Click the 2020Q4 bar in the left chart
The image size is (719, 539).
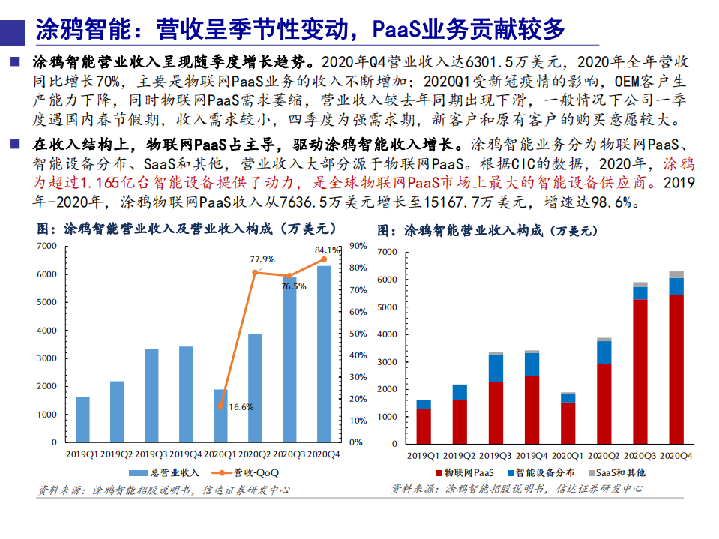tap(324, 354)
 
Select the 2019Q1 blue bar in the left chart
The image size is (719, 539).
tap(82, 419)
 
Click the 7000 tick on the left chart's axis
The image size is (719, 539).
tap(46, 246)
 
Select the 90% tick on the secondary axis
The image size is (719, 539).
tap(358, 246)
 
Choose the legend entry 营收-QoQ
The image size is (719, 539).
tap(247, 472)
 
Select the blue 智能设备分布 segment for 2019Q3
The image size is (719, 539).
tap(496, 368)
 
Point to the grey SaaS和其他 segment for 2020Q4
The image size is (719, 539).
tap(676, 274)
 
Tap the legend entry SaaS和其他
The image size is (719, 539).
tap(619, 472)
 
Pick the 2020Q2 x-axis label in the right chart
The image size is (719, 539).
tap(604, 455)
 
